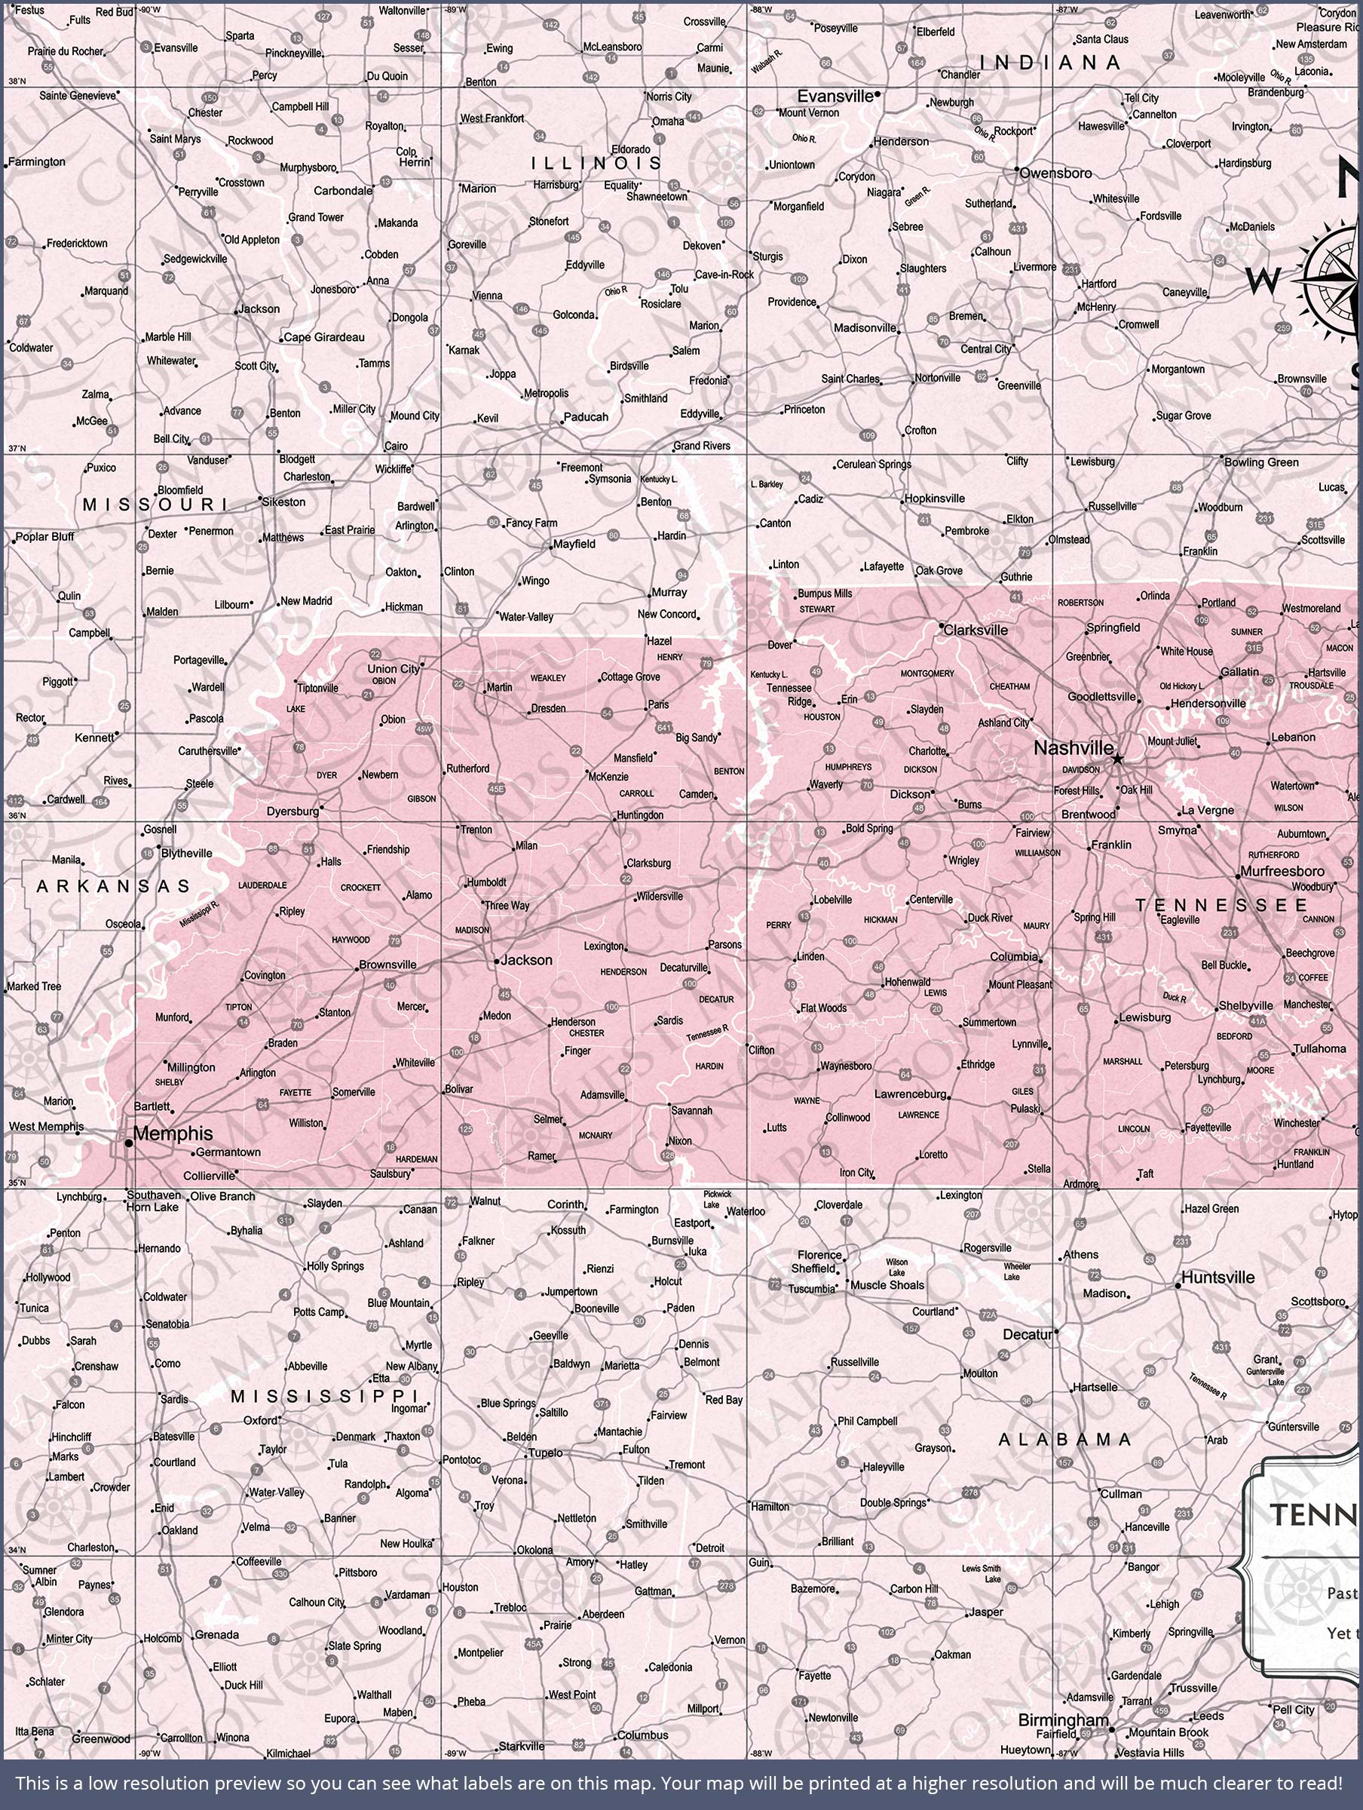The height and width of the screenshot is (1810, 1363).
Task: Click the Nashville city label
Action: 1073,748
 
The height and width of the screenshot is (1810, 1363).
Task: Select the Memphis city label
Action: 173,1134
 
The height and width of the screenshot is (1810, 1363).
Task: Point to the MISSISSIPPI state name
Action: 325,1396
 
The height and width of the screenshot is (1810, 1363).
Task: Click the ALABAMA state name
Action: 1064,1439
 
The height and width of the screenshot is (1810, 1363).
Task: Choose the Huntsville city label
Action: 1218,1278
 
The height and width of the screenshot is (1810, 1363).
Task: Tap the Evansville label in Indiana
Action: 835,97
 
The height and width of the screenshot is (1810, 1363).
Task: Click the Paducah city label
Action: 586,416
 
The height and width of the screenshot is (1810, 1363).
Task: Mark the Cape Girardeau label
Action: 324,337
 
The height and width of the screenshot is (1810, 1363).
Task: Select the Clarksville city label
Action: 976,630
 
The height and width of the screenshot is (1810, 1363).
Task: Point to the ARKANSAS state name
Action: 113,886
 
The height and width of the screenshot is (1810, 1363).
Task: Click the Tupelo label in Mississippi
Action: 545,1453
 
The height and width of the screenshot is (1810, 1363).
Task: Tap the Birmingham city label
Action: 1063,1720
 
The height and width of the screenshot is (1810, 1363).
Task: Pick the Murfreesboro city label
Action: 1282,872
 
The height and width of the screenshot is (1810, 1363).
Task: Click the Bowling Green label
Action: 1260,462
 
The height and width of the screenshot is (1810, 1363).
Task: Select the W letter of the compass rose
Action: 1263,282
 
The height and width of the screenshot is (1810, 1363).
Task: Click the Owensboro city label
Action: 1055,173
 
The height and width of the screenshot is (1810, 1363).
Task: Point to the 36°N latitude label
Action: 17,815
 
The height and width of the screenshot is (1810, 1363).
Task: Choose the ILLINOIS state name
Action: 596,164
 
